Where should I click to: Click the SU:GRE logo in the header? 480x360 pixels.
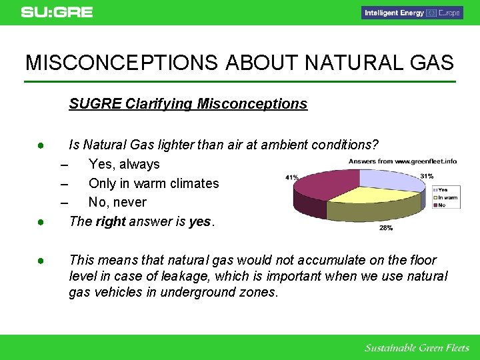coord(57,12)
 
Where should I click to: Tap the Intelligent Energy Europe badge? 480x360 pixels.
coord(411,13)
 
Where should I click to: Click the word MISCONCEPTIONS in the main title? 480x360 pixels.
coord(121,63)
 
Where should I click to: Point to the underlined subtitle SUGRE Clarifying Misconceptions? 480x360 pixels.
coord(188,104)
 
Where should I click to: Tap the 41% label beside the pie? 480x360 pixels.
coord(291,177)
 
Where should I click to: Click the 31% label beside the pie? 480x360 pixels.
coord(427,175)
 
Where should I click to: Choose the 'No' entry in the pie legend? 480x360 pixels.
coord(441,205)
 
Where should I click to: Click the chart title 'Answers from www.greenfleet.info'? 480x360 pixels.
coord(403,161)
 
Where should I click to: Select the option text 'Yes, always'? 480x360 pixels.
coord(124,164)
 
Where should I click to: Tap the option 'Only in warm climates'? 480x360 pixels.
coord(153,183)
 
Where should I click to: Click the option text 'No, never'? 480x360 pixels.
coord(117,202)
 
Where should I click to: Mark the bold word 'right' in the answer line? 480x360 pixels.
coord(111,221)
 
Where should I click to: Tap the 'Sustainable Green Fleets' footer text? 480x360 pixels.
coord(417,348)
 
